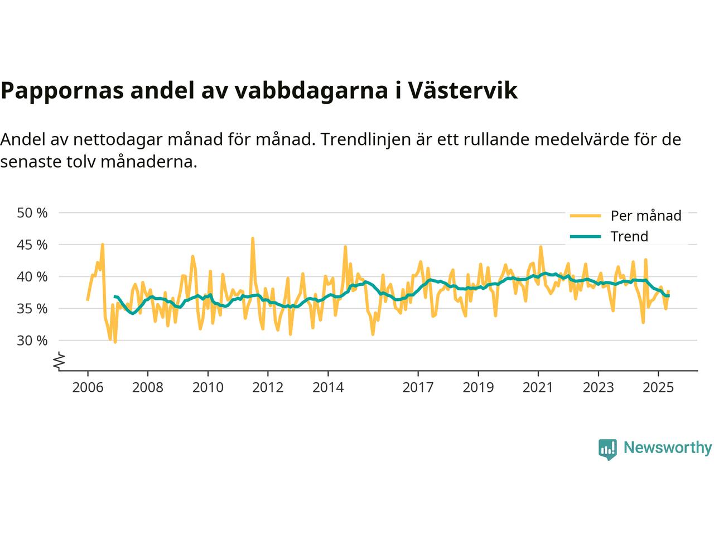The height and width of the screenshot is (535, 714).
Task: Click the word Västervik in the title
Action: (462, 91)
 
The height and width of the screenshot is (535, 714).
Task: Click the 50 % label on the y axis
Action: (32, 213)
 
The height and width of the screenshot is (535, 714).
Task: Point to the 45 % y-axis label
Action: (32, 245)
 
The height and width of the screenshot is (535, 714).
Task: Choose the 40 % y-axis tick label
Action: (32, 276)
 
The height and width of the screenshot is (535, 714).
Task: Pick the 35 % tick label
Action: (32, 308)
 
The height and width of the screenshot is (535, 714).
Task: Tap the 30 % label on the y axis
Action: (32, 340)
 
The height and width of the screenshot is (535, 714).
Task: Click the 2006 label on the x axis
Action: (88, 387)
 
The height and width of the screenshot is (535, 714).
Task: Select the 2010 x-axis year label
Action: (208, 387)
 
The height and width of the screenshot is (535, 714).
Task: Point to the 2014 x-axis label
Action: (328, 387)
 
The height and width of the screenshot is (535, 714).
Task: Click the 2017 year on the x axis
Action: (418, 387)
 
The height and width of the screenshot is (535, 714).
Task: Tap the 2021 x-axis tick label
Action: (538, 387)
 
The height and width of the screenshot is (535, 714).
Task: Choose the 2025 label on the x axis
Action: (658, 387)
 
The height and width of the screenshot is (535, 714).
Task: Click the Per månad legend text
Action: (646, 216)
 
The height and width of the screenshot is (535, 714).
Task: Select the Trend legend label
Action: (629, 236)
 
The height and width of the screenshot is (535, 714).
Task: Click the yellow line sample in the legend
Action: (585, 216)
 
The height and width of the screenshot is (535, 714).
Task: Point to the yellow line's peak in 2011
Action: (252, 239)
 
